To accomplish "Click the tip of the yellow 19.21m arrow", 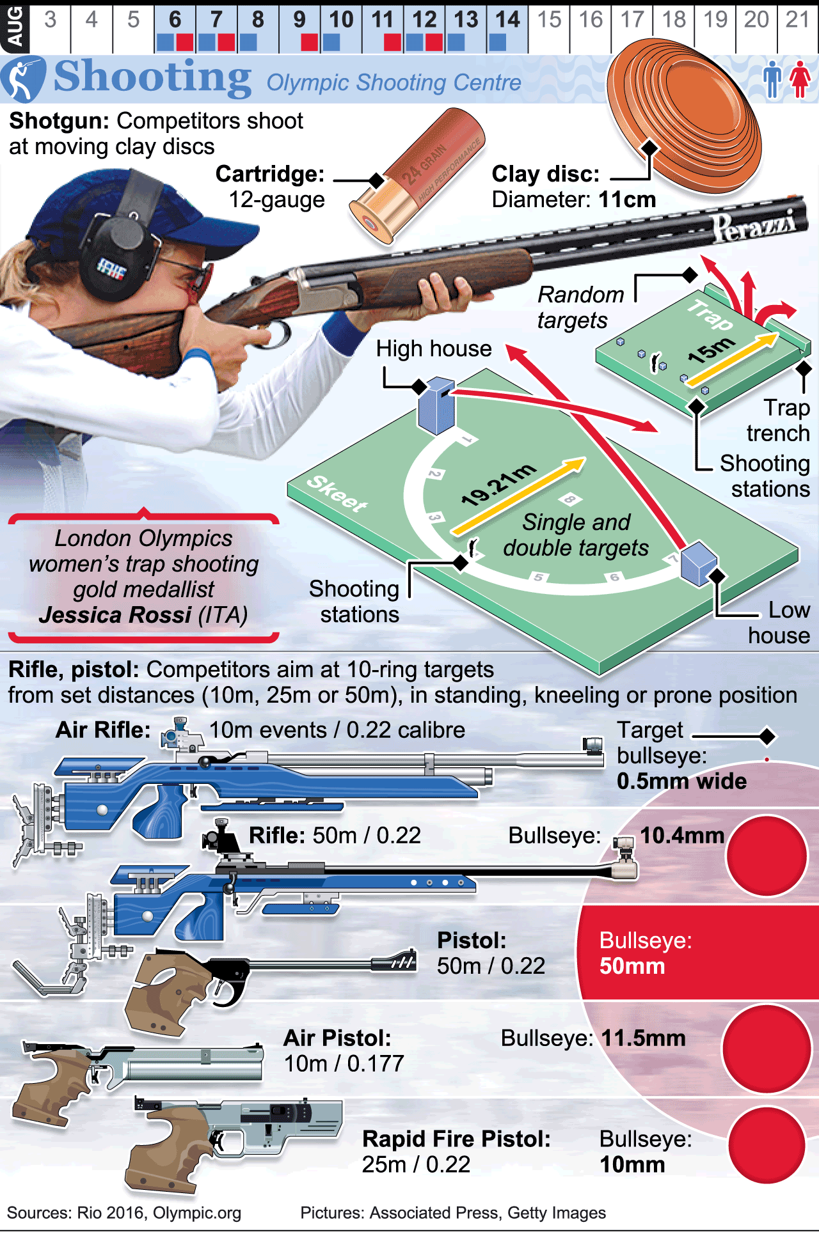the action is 585,459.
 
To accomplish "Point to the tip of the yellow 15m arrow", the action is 779,334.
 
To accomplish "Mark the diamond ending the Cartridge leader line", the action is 377,180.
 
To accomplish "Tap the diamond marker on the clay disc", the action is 650,148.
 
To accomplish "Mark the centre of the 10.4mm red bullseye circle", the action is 767,855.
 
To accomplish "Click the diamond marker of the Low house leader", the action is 717,576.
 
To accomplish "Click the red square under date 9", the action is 310,43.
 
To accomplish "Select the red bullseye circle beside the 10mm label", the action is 767,1146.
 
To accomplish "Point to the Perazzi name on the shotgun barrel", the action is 754,225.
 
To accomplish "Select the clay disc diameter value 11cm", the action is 627,199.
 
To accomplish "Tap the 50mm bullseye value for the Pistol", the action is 632,965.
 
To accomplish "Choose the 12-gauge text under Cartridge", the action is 277,200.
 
